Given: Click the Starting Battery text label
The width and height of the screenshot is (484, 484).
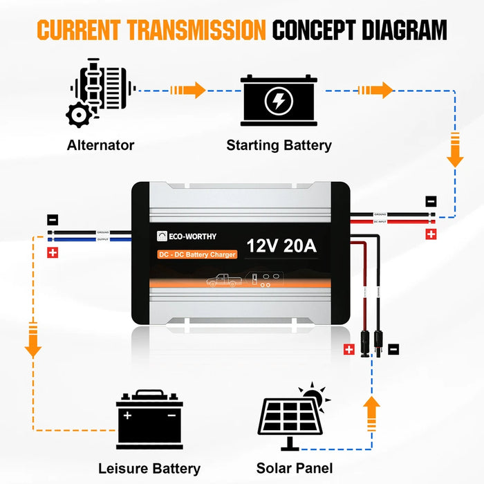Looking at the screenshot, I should point(279,145).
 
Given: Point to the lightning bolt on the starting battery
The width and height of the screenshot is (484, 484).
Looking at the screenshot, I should point(279,102).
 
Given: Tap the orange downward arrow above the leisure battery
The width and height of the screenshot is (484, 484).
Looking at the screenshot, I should point(32,341).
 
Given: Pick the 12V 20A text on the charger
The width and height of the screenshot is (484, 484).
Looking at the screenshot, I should point(281,245).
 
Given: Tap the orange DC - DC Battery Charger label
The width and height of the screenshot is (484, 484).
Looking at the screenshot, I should point(196,254).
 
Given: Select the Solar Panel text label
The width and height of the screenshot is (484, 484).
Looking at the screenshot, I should point(293,467).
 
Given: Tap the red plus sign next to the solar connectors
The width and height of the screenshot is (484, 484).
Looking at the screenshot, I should point(348,350).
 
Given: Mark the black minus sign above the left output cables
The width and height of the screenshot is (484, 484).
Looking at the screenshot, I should point(53,220).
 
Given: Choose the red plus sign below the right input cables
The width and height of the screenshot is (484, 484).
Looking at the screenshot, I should point(431,234).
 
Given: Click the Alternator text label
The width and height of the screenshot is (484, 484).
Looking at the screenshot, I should point(100,145).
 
